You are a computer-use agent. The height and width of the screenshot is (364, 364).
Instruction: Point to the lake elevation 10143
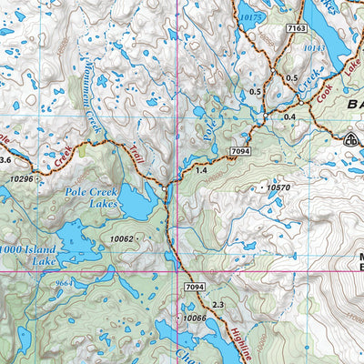coord(315,47)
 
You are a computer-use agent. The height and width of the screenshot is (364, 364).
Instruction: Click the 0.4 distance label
coord(289,117)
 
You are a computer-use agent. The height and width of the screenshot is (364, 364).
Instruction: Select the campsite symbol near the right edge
coord(350,138)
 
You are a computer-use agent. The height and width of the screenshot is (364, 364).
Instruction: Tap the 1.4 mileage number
coord(201,170)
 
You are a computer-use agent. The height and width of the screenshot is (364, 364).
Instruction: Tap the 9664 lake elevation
coord(63,283)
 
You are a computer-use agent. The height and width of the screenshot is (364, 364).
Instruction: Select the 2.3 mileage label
coord(217,304)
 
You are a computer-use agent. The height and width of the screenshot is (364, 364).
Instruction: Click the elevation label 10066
coord(195,318)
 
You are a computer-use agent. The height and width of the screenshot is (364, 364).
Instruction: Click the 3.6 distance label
coord(5,160)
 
